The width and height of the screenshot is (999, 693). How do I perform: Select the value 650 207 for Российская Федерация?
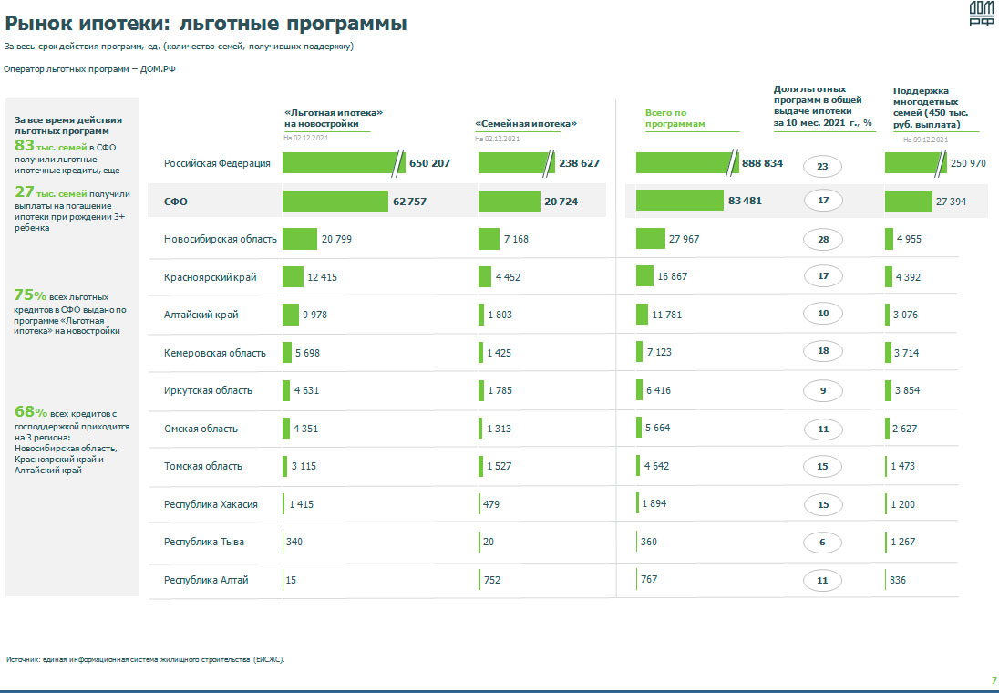429,163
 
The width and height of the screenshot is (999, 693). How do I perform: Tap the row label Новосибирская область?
221,239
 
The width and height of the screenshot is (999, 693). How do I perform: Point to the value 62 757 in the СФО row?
410,201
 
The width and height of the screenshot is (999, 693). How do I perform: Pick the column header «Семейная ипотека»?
527,123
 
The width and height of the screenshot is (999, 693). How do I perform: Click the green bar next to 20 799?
299,239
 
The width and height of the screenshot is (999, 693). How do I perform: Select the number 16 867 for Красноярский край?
673,276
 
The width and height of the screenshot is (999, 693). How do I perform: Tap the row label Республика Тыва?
204,542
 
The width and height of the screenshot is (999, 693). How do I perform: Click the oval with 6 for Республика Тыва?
822,543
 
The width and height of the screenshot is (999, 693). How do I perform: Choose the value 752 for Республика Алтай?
493,580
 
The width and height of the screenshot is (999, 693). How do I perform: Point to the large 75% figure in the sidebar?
30,295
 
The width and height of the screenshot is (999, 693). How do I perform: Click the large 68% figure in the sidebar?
30,411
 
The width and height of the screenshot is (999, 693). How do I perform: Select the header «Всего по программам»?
675,119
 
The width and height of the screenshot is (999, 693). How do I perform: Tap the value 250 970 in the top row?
968,163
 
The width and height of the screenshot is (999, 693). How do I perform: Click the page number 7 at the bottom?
994,680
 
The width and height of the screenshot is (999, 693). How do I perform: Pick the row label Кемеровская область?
215,353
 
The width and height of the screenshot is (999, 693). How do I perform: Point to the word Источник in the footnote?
22,658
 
